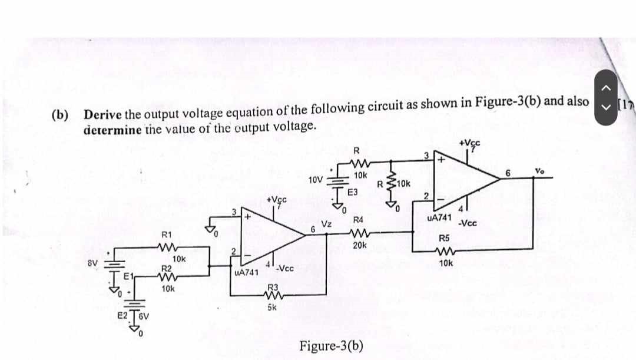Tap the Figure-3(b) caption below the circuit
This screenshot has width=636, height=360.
[331, 345]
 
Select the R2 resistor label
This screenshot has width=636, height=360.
[167, 269]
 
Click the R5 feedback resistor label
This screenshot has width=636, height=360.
[445, 239]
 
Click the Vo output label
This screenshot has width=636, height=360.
[539, 170]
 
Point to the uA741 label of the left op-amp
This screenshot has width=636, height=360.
[246, 273]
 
